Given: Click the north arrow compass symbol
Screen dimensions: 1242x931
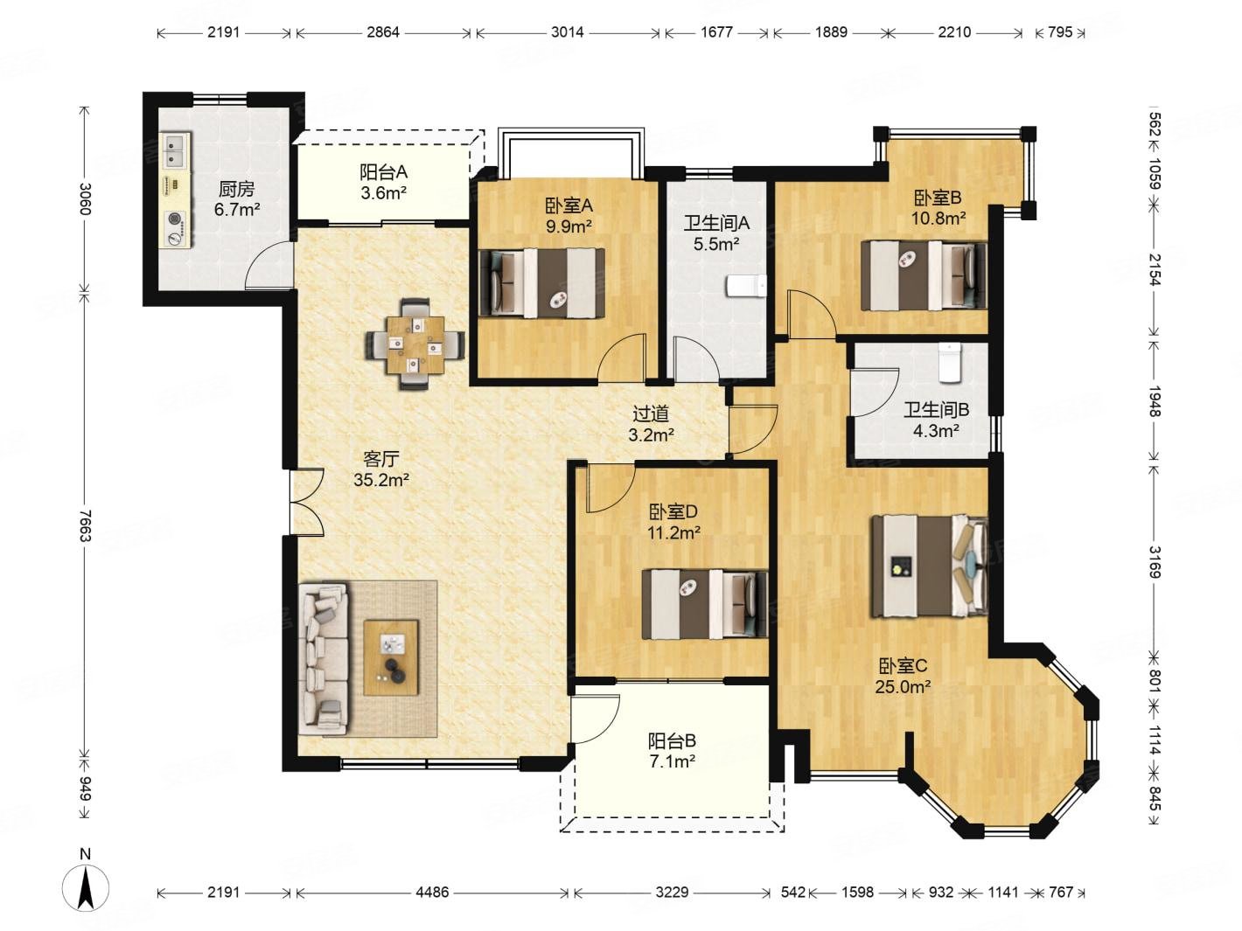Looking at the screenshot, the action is point(85,888).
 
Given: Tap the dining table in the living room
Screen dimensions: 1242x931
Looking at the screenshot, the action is point(415,344).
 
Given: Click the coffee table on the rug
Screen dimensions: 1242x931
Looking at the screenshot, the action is point(390,657).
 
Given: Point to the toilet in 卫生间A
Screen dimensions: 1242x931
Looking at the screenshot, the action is point(746,286).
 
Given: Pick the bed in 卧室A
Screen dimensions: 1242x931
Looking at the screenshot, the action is point(541,282).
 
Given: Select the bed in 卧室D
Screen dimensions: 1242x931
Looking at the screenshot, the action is point(704,604).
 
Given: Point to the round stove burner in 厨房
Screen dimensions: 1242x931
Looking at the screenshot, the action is point(176,219).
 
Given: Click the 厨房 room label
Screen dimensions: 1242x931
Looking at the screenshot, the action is point(236,189).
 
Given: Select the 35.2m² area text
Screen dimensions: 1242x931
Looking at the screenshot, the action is point(381,481).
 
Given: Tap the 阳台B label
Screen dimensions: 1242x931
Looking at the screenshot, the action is point(672,740).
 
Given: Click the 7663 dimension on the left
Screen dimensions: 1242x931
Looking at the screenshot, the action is point(85,525).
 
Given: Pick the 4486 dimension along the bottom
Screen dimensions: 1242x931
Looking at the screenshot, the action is point(432,892).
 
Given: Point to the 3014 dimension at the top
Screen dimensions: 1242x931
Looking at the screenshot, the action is point(568,32).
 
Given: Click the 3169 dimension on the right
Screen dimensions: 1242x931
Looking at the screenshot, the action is point(1155,562).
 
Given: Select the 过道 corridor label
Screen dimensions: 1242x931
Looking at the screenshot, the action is point(651,414).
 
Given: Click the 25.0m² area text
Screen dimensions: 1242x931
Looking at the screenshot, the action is point(903,687).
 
